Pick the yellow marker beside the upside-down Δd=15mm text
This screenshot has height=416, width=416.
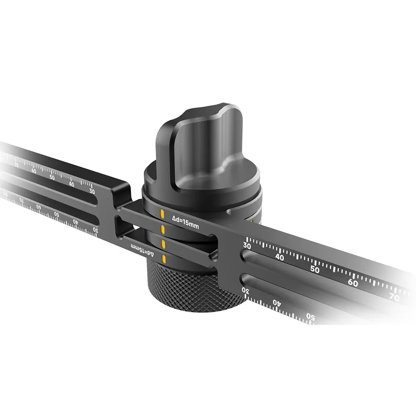point(164,260)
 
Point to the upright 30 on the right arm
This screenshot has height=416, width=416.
point(247,246)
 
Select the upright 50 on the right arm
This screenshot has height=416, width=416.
point(315,270)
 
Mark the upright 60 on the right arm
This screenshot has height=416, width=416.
point(353,283)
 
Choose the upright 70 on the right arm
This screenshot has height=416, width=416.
point(394,297)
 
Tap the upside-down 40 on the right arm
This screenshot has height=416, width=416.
point(277,302)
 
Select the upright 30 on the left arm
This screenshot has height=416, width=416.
point(92,192)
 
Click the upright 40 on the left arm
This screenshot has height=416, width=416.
point(71,184)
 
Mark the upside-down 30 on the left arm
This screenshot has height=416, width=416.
point(95,230)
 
